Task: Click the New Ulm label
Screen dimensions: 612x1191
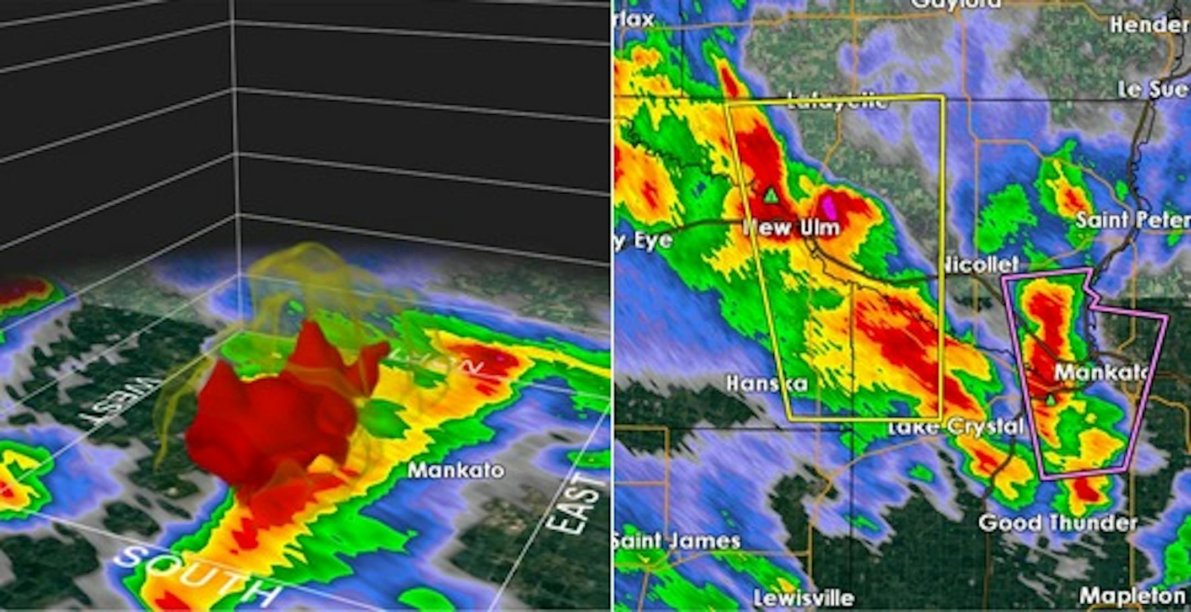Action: click(792, 227)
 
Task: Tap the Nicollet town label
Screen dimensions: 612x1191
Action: click(979, 264)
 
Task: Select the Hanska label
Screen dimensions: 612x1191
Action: click(766, 383)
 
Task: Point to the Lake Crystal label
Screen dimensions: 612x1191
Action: click(957, 427)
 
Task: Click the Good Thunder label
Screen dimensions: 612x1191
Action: click(1058, 522)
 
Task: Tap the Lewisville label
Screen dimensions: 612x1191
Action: click(803, 598)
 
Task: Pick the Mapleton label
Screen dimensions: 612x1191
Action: click(1132, 595)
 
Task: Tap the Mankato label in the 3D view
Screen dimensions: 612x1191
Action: click(455, 470)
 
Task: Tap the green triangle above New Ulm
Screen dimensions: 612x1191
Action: click(770, 195)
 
